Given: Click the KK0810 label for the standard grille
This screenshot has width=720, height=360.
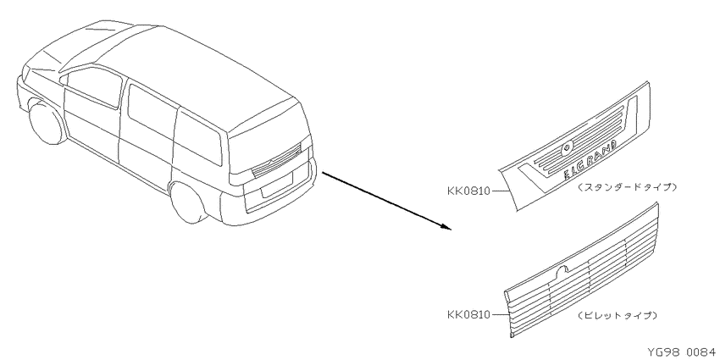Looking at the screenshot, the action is click(x=468, y=191).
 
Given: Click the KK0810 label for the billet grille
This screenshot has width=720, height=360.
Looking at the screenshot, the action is click(x=468, y=314).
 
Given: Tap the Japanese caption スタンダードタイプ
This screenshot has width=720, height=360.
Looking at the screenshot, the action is click(x=627, y=187).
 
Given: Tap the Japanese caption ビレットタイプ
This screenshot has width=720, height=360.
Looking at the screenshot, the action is click(x=618, y=315).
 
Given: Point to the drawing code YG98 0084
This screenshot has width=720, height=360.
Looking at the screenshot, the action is click(x=681, y=352).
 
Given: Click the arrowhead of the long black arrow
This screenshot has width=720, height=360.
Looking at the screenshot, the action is click(x=446, y=226).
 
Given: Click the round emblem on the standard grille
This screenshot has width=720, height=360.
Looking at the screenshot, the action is click(x=567, y=147).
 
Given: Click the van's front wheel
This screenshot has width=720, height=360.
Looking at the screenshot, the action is click(x=47, y=122).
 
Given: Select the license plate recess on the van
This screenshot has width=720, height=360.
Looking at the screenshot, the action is click(x=278, y=185).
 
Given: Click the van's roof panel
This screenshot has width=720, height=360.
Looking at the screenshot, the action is click(x=184, y=69).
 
